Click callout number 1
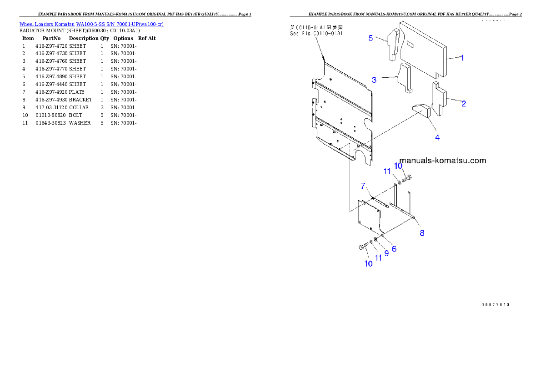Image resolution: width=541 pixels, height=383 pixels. click(462, 58)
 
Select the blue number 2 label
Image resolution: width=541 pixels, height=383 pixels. click(464, 104)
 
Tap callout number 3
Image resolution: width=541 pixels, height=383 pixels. click(374, 80)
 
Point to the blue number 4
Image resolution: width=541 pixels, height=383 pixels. click(437, 137)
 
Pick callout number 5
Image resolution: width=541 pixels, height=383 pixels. click(371, 38)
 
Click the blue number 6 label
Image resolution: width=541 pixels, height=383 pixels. click(394, 249)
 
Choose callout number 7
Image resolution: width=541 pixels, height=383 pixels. click(363, 185)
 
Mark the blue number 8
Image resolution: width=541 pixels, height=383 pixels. click(422, 233)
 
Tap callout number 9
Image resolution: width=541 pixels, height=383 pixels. click(386, 253)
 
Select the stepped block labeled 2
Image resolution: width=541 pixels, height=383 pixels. click(439, 98)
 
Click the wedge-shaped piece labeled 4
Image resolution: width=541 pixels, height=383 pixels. click(422, 111)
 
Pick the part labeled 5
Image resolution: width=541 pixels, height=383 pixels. click(393, 43)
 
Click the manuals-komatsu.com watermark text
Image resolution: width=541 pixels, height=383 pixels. click(442, 161)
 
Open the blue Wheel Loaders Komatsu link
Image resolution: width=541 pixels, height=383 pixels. click(91, 24)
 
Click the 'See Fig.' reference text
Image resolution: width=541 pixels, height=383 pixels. click(316, 33)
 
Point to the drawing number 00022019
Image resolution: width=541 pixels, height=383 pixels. click(495, 303)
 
